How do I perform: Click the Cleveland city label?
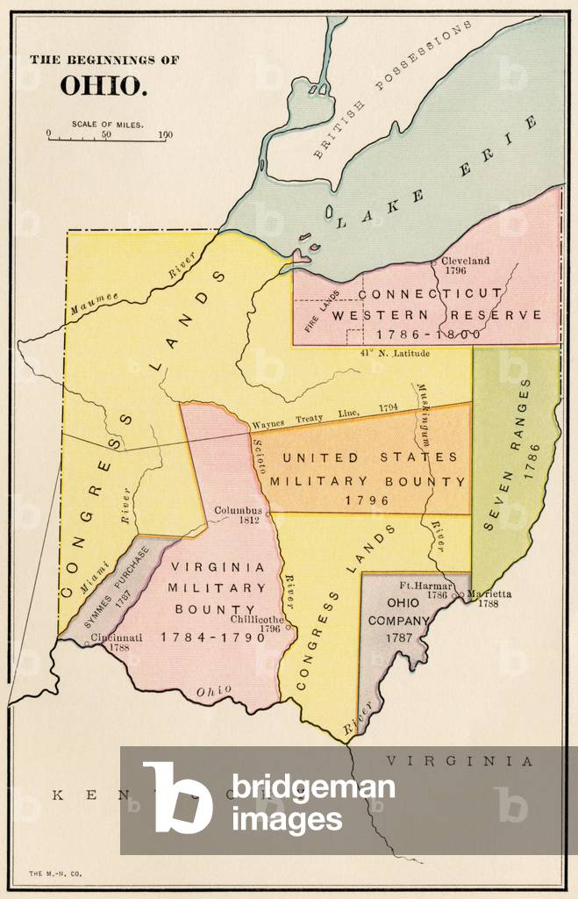pos(465,261)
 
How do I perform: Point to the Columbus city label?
pos(239,510)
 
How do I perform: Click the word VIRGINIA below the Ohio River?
pos(460,761)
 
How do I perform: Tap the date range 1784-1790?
pos(212,636)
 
